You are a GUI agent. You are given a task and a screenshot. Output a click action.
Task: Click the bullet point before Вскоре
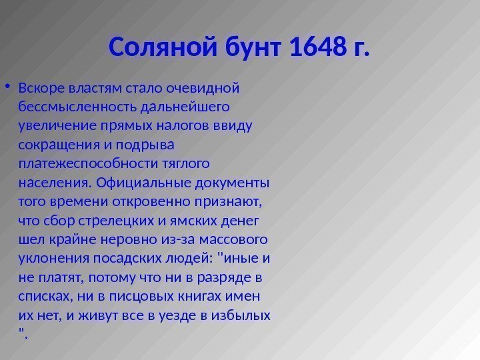(7, 87)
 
